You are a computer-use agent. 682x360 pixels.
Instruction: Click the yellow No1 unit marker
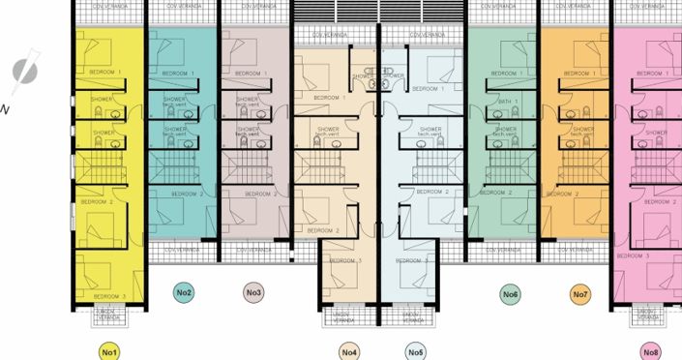click(x=108, y=351)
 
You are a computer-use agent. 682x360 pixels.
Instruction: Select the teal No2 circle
click(x=184, y=292)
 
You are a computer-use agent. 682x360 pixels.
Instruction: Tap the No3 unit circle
click(x=254, y=292)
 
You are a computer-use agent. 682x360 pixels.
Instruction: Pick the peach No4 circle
click(x=349, y=351)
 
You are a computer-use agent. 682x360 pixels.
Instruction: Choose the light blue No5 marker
click(x=416, y=351)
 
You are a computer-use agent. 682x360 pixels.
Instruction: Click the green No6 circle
click(x=510, y=293)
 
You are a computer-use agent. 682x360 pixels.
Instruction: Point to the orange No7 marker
click(x=579, y=293)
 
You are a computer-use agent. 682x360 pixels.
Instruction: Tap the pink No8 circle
click(x=651, y=351)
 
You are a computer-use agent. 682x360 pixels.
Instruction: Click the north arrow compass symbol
click(x=23, y=70)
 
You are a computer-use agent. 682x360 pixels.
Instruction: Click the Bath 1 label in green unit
click(x=509, y=101)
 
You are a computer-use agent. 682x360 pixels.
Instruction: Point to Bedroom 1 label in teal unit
click(x=178, y=74)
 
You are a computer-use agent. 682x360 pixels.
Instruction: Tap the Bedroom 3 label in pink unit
click(x=634, y=255)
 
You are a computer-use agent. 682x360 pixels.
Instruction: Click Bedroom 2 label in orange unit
click(x=562, y=194)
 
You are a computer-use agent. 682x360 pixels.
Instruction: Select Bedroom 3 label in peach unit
click(x=345, y=260)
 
